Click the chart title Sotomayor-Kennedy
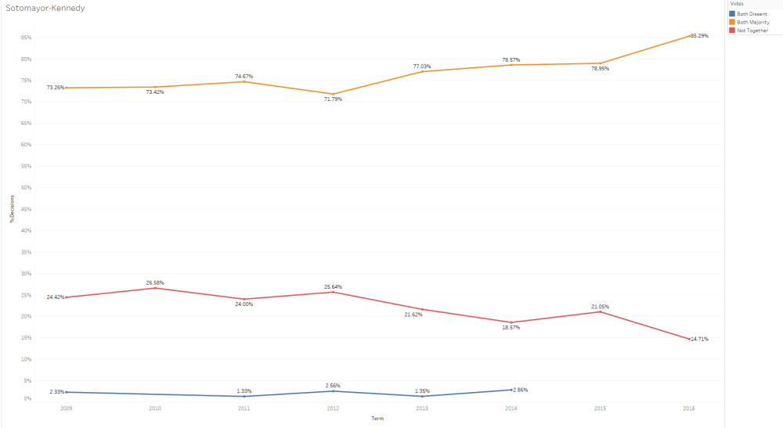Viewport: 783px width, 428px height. (x=45, y=8)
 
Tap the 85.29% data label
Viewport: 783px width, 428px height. (x=699, y=36)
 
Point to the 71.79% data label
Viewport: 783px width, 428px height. (x=333, y=99)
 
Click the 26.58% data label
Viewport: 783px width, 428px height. (x=155, y=282)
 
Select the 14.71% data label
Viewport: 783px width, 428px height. (x=699, y=339)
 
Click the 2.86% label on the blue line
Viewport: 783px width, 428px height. (x=521, y=389)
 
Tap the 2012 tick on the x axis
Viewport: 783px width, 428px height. (x=333, y=408)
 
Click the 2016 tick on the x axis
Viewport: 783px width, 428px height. (x=689, y=408)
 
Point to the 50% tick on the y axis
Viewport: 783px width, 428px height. (x=27, y=188)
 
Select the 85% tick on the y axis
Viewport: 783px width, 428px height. (x=27, y=38)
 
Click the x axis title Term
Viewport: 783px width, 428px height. (x=377, y=418)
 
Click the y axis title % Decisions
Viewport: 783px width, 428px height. (x=11, y=209)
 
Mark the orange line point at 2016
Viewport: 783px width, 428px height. (x=689, y=36)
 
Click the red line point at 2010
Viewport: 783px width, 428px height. (x=155, y=288)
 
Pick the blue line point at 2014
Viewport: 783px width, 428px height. (x=511, y=390)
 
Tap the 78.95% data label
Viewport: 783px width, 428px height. (x=600, y=69)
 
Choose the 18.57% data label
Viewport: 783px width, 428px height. (x=511, y=327)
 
